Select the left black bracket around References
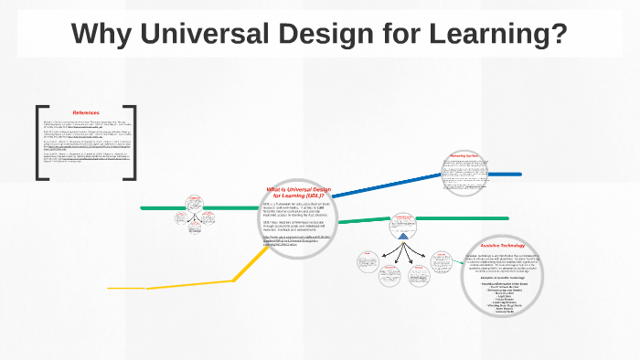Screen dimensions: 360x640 [x=41, y=143]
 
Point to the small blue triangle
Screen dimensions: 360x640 [x=403, y=235]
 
